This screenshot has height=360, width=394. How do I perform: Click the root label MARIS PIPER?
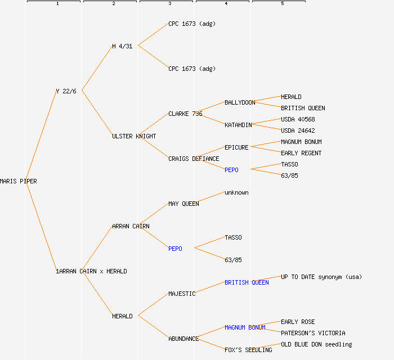pos(19,181)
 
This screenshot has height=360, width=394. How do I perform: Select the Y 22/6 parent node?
pos(66,91)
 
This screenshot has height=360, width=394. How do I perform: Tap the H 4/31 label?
pos(122,46)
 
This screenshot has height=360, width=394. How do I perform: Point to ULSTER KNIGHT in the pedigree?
pos(134,136)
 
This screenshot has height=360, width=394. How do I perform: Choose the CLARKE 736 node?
pos(185,114)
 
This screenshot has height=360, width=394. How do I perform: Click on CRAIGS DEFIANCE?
pos(194,159)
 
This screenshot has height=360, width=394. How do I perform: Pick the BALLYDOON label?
pos(240,102)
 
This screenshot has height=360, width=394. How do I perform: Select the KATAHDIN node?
pos(238,125)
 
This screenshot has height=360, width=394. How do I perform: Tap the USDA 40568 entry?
pos(298,119)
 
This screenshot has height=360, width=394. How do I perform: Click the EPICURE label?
pos(236,147)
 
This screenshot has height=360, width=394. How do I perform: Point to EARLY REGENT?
pos(301,153)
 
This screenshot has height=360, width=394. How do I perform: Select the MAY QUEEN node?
pos(183,204)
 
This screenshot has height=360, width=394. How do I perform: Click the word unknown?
pos(236,192)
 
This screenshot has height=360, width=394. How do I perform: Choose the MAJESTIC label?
pos(182,294)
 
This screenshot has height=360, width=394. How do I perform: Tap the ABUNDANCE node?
pos(183,339)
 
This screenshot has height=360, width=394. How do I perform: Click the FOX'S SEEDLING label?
pos(248,350)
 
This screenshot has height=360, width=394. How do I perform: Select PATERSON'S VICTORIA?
pos(313,333)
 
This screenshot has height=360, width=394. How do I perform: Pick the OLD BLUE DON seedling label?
pos(316,344)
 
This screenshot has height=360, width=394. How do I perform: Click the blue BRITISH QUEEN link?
pos(247,282)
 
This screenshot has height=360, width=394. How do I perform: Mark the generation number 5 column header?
pos(282,4)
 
